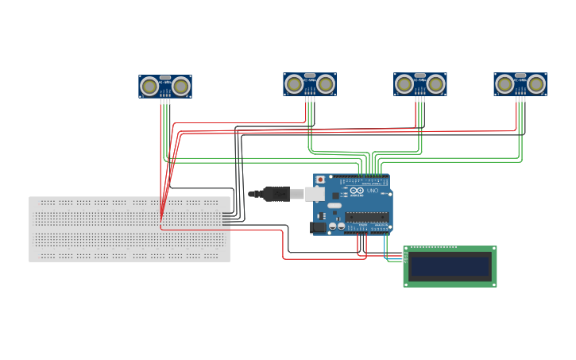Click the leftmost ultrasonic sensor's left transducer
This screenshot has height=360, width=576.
tap(149, 86)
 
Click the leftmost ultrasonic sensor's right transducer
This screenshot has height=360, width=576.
tap(181, 86)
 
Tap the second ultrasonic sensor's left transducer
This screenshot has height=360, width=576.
tap(294, 83)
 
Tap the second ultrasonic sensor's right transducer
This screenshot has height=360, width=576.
tap(326, 83)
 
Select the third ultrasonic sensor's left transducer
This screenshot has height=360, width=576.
tap(404, 83)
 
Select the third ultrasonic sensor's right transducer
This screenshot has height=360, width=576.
tap(436, 83)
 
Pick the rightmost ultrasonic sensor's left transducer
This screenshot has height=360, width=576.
tap(504, 83)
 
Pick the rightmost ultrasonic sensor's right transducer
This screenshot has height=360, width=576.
tap(536, 83)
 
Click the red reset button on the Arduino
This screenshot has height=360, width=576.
tap(320, 180)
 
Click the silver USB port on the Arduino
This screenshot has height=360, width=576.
tap(315, 194)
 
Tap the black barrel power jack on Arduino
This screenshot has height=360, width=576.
tap(318, 227)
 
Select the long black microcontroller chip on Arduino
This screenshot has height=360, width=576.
tap(366, 217)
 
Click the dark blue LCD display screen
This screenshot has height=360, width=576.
tap(450, 266)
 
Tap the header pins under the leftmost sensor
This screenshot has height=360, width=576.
tap(165, 101)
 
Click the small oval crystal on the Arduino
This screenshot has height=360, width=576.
tap(334, 206)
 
